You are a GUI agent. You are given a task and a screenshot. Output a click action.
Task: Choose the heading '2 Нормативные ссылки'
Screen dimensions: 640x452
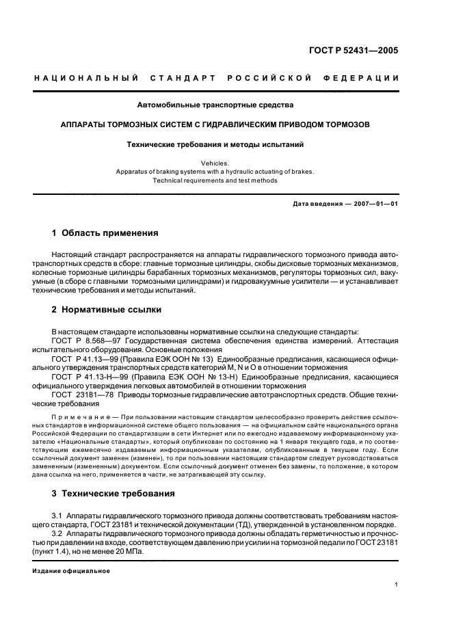pyautogui.click(x=107, y=310)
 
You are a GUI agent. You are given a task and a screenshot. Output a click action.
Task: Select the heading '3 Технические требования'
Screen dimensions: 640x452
pyautogui.click(x=113, y=493)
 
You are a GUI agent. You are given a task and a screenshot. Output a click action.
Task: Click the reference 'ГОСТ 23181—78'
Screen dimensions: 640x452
pyautogui.click(x=81, y=395)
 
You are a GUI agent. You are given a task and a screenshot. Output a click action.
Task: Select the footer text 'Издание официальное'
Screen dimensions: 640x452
pyautogui.click(x=71, y=571)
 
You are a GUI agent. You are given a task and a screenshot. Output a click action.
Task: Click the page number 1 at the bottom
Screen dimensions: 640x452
pyautogui.click(x=397, y=585)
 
